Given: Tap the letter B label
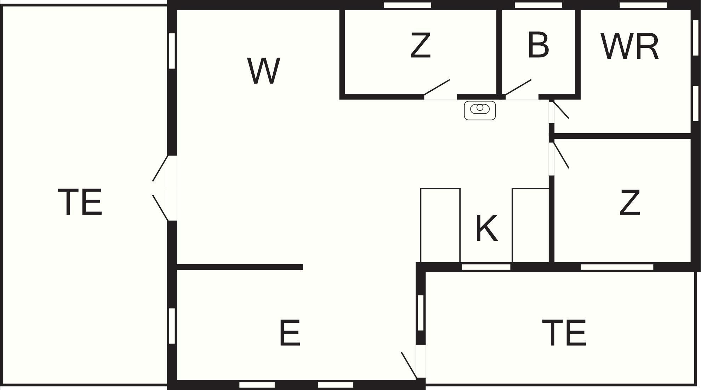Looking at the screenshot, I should coord(538,45).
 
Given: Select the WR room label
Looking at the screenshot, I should coord(629,47).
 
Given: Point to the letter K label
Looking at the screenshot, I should coord(486,228).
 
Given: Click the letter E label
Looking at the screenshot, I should coord(290,333).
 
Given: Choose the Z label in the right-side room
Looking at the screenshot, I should coord(630,202).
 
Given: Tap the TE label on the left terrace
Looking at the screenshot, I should coord(80,202).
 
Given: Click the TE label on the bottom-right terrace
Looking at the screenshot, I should coord(564,333).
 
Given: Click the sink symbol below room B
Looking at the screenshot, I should coord(480,110).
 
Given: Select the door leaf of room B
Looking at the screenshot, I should coord(518,87).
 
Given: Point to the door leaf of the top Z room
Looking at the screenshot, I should coord(437,87).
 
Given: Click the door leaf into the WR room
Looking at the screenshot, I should coord(561,110).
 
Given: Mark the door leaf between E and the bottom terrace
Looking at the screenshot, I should coord(409,365).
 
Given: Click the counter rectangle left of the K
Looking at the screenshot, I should coord(440,225).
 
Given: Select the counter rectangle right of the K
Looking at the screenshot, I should coord(530,225).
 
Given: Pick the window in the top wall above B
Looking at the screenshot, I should coord(538,5).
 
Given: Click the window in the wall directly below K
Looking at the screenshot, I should coord(486,267).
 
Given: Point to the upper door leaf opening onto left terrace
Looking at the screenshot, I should coord(160,169).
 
